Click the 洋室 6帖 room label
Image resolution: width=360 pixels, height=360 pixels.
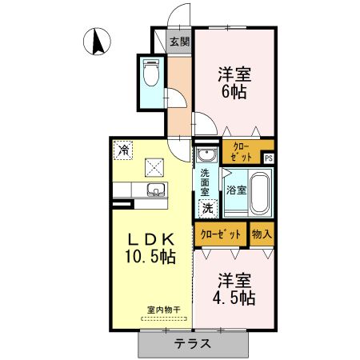click(x=234, y=82)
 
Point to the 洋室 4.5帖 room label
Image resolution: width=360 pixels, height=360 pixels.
click(x=235, y=290)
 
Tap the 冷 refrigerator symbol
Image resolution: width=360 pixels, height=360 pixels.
click(x=124, y=149)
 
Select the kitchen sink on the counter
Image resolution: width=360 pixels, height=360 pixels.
click(x=155, y=190)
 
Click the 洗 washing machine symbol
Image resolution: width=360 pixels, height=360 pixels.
click(x=207, y=208)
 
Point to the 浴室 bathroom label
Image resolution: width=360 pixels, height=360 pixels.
click(x=235, y=190)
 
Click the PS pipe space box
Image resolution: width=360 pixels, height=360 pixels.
click(x=269, y=158)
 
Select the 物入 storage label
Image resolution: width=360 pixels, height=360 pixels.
click(x=262, y=234)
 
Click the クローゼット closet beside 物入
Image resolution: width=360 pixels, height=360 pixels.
click(x=220, y=234)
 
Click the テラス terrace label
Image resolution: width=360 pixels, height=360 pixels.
click(x=193, y=345)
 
